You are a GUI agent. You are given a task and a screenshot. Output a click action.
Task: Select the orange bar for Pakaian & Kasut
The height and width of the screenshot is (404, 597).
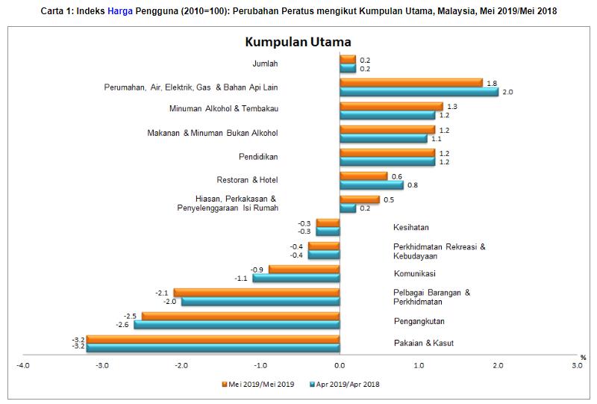(x=213, y=339)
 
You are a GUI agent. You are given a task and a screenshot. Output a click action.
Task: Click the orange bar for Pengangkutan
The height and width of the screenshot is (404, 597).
(x=240, y=316)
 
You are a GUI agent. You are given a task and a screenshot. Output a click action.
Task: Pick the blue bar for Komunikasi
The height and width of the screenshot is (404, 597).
(x=296, y=278)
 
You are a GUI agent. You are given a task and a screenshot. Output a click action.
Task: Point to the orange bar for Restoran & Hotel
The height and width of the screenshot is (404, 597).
(x=363, y=176)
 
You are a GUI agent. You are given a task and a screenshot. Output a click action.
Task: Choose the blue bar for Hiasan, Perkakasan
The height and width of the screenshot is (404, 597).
(x=348, y=208)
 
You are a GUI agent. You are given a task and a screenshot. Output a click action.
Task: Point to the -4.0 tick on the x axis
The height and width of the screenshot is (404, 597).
(x=23, y=365)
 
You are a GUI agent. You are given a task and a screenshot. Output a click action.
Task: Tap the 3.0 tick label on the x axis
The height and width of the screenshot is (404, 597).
(x=576, y=365)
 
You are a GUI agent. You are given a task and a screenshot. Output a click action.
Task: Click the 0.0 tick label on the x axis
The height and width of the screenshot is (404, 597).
(x=340, y=365)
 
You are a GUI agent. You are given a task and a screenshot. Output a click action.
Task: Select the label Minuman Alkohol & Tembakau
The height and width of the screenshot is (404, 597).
(x=224, y=108)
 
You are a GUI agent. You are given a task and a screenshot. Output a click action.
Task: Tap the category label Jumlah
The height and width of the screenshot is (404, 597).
(x=265, y=63)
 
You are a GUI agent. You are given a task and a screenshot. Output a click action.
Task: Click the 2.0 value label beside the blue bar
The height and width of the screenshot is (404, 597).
(x=508, y=92)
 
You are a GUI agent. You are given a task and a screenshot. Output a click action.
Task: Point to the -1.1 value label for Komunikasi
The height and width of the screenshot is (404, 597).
(x=241, y=279)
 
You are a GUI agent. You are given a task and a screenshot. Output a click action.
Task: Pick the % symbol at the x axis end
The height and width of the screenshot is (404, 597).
(x=584, y=356)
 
